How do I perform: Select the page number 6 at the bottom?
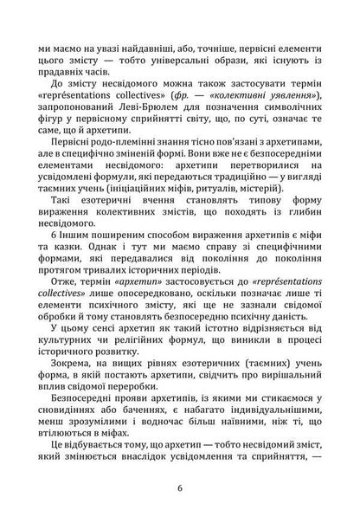(179, 487)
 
